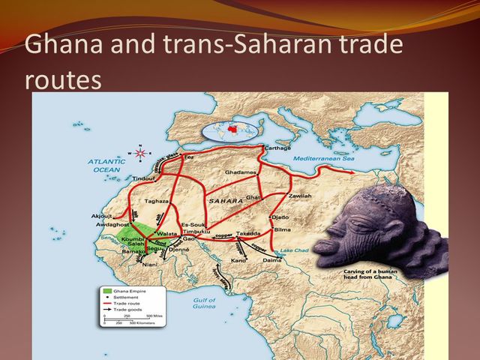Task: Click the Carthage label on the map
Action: click(277, 148)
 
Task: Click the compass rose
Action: click(139, 153)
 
